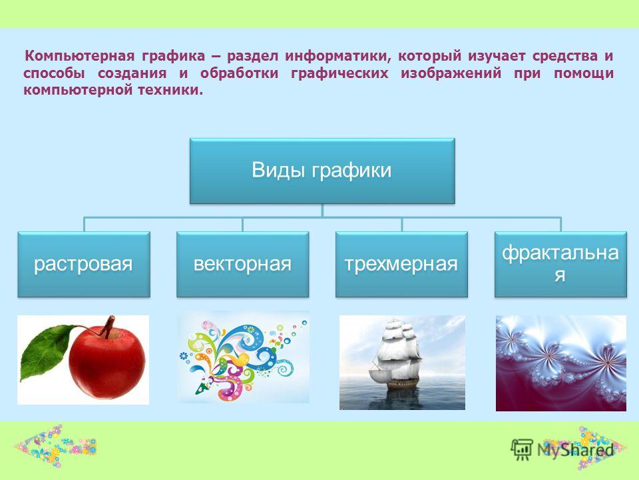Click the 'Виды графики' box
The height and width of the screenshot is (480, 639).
coord(322,171)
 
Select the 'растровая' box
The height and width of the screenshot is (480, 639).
coord(84,264)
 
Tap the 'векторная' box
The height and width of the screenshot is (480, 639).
coord(242,264)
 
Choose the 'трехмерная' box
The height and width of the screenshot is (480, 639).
coord(401,264)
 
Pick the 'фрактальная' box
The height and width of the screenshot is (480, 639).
coord(560,264)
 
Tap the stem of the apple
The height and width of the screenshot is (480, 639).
coord(108,327)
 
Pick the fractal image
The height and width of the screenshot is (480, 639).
coord(560,363)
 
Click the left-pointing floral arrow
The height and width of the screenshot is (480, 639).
coord(55,446)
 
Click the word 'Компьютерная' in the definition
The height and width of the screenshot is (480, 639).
coord(80,56)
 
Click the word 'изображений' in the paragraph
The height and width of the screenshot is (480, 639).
coord(451,73)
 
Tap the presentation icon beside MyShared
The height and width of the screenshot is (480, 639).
coord(522,449)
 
